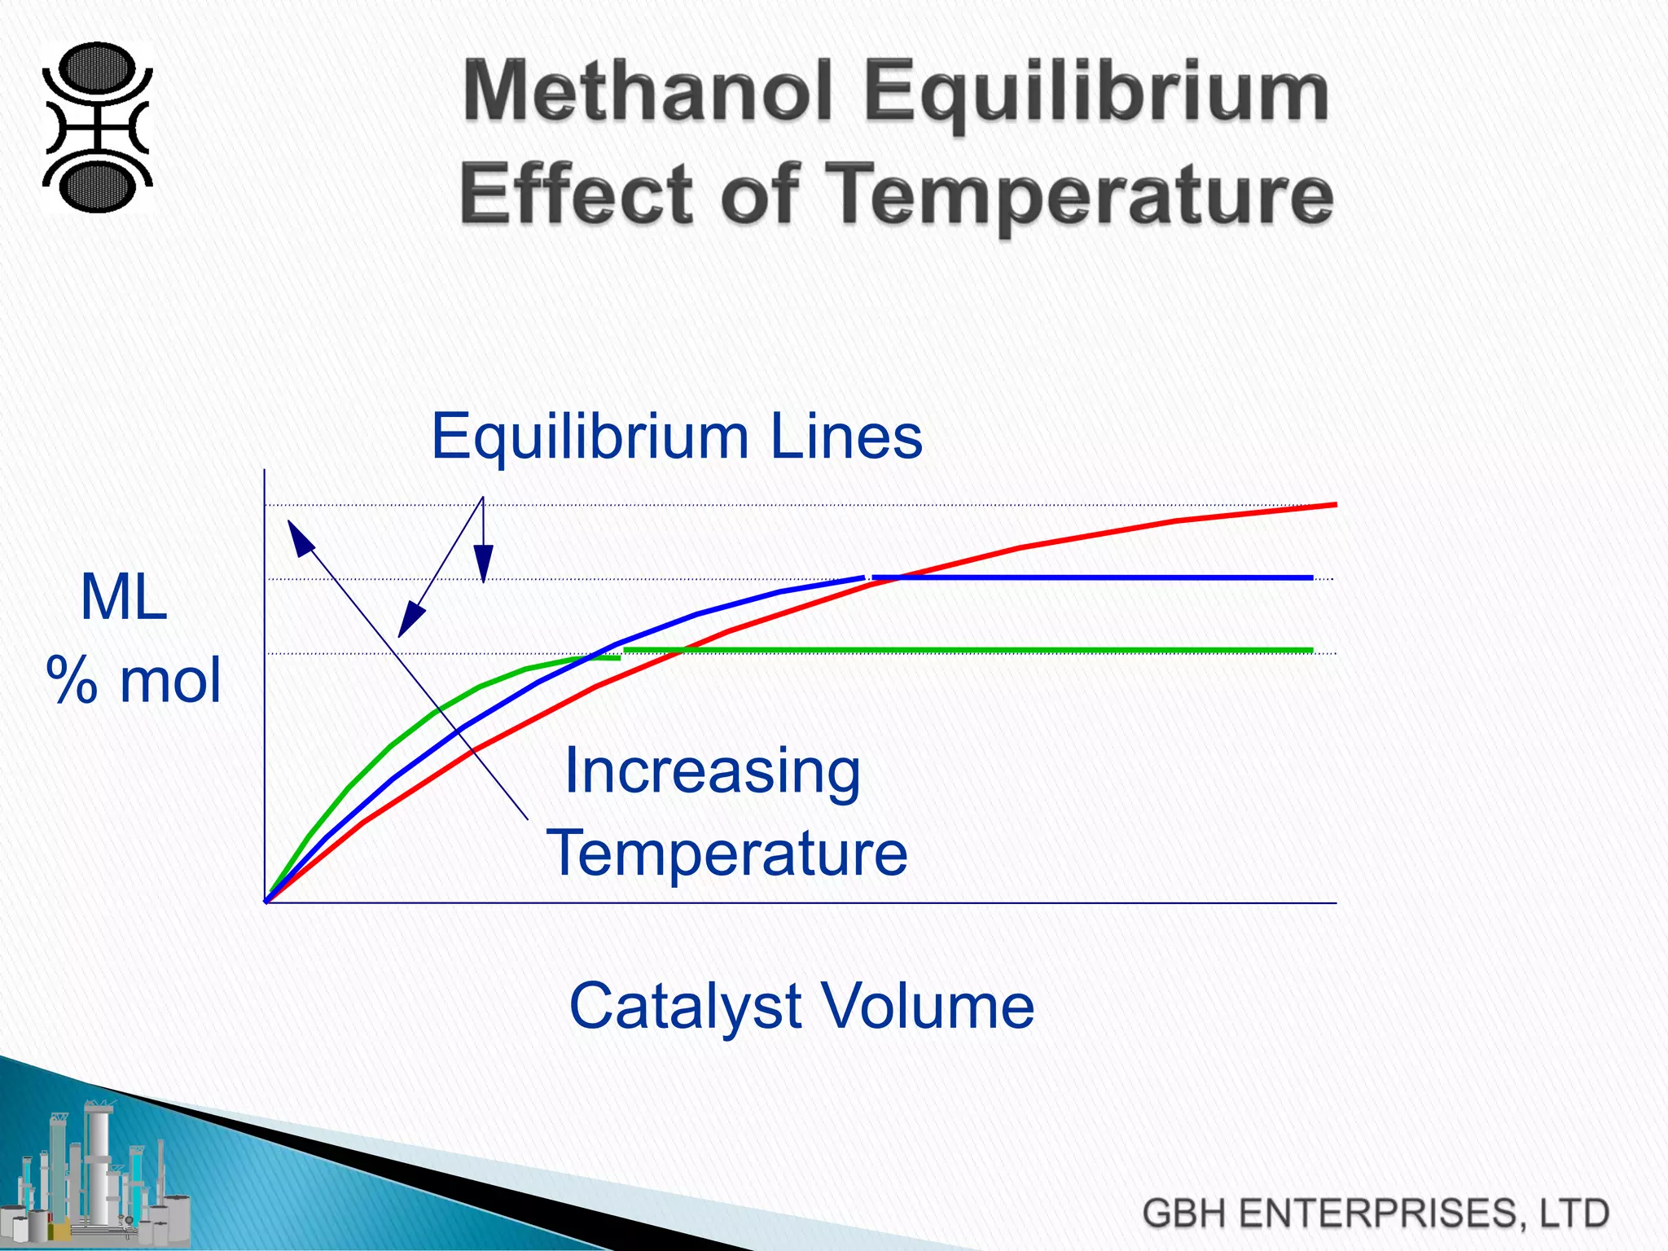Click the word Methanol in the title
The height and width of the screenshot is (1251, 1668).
[648, 91]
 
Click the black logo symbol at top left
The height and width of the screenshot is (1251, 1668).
[97, 127]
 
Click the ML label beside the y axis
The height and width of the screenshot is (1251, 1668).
[124, 598]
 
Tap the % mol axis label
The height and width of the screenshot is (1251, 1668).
[134, 680]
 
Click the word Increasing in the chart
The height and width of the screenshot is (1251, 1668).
[712, 770]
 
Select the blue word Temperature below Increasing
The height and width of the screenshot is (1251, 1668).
[726, 854]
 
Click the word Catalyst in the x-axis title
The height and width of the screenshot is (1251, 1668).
[685, 1006]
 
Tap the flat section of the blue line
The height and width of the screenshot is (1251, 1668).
[1100, 577]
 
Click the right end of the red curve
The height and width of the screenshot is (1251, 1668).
[1332, 505]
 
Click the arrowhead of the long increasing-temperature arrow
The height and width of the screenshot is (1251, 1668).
[300, 535]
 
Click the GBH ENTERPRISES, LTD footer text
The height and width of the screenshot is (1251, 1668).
[1376, 1214]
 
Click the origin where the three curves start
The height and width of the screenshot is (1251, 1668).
[267, 902]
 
